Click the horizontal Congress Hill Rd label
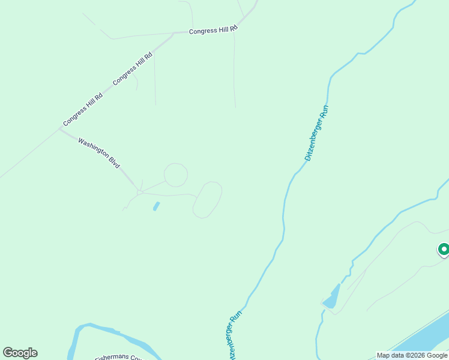(x=213, y=30)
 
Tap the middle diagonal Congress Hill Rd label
(x=133, y=68)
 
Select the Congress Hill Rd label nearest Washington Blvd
(x=83, y=109)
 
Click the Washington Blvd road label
(x=98, y=153)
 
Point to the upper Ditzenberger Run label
(x=317, y=133)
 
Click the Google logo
(x=20, y=353)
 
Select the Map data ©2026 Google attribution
(x=412, y=355)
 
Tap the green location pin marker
(x=444, y=249)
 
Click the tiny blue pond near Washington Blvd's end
(x=157, y=206)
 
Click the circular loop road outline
(x=176, y=175)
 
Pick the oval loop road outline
(x=208, y=200)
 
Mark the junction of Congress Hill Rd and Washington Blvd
(x=60, y=128)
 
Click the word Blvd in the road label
(x=114, y=162)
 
